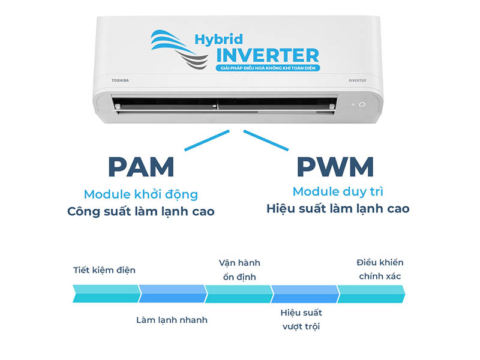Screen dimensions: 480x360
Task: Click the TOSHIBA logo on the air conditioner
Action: tap(120, 80)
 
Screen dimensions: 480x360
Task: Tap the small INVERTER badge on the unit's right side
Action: tap(357, 80)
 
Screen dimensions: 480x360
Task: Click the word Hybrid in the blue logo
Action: tap(218, 40)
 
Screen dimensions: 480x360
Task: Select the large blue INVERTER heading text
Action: tap(268, 55)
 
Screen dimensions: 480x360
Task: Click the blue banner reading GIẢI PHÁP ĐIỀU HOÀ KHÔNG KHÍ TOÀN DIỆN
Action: tap(268, 68)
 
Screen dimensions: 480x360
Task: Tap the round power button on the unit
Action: tap(362, 104)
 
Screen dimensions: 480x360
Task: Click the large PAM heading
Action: tap(141, 167)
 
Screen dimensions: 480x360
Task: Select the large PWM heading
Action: tap(335, 167)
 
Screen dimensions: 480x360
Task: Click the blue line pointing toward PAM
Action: tap(207, 140)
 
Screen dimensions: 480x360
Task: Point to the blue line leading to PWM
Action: tap(266, 140)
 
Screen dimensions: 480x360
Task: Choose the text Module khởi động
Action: tap(141, 194)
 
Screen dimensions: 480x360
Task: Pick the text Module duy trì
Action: tap(338, 191)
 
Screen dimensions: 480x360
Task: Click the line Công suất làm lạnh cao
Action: tap(141, 212)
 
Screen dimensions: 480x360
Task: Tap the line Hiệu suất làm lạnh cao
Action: tap(338, 209)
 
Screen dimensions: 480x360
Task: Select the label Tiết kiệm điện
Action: tap(104, 270)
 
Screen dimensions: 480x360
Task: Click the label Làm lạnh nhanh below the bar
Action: tap(172, 320)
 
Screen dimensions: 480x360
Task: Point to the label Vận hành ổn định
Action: tap(239, 269)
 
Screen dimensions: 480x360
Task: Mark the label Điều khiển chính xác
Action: tap(380, 269)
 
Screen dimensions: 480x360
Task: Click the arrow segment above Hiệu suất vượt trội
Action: tap(305, 294)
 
